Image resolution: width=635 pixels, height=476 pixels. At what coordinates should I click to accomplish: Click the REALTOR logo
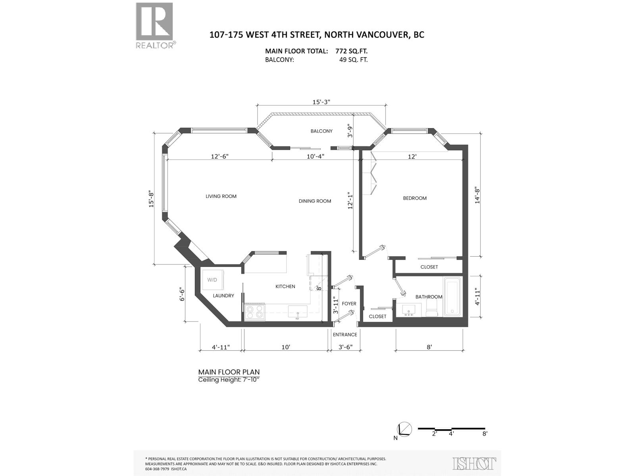[154, 25]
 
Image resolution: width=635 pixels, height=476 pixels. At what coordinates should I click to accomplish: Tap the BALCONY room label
[321, 131]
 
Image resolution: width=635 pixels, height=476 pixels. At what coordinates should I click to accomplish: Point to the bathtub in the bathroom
[452, 297]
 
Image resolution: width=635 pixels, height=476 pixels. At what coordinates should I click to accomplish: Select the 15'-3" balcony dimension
[321, 102]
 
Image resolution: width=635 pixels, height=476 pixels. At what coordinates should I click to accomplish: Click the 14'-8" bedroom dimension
[477, 195]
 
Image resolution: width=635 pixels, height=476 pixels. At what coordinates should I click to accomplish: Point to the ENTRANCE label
[344, 334]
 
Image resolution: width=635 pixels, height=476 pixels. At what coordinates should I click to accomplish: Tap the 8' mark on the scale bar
[485, 434]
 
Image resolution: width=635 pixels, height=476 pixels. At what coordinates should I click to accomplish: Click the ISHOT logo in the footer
[474, 463]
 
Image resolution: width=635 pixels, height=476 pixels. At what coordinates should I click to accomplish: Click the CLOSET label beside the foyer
[377, 316]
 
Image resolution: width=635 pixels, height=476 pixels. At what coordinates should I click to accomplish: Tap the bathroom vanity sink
[408, 310]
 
